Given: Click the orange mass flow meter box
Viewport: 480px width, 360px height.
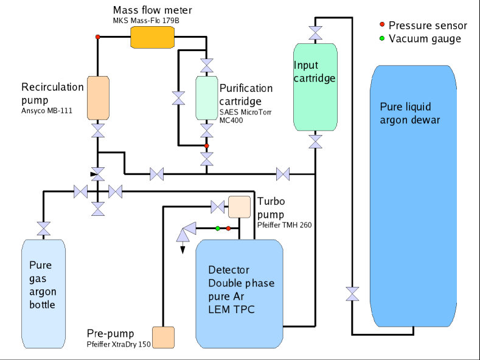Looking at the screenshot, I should (152, 38).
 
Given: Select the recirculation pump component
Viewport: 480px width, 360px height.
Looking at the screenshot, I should (97, 97).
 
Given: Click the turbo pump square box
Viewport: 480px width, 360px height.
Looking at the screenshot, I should (240, 207).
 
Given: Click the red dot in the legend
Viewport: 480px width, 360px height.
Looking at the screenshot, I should (381, 25).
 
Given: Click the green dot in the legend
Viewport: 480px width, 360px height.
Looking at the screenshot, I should (381, 38).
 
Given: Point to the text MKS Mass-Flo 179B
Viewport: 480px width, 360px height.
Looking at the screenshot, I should (146, 21).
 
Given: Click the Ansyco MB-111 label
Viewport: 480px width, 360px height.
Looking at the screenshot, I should (46, 110).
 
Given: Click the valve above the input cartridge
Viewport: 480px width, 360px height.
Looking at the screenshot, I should (315, 32).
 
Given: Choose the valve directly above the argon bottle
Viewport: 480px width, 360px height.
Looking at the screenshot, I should (44, 229).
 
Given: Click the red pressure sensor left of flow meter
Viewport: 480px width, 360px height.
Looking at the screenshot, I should (97, 37).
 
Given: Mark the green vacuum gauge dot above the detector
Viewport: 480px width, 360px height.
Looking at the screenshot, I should (217, 229).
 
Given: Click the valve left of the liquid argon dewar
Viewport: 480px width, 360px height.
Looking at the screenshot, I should (352, 294).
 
